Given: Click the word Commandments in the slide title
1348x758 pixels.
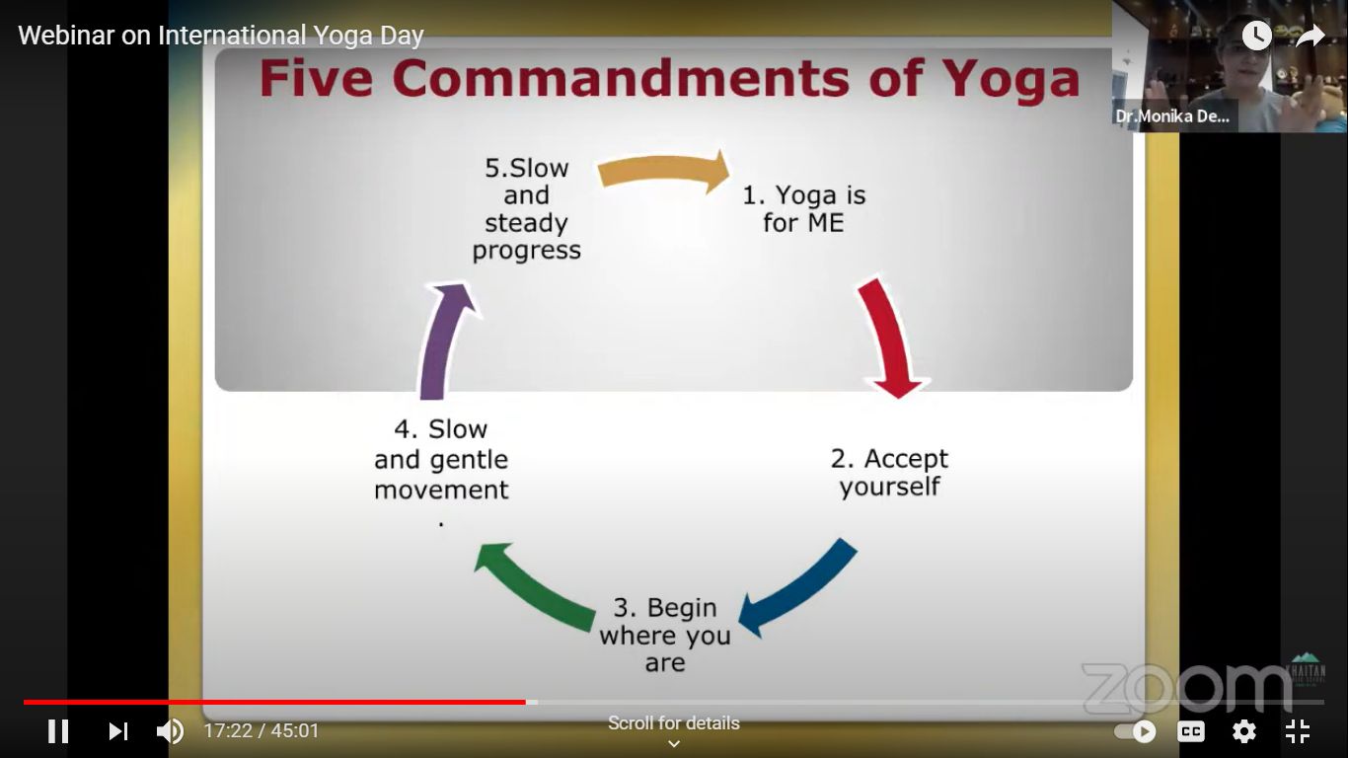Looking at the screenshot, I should click(620, 79).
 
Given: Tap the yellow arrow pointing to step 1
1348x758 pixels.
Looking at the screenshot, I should click(664, 172).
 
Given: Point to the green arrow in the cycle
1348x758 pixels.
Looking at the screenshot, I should click(534, 583).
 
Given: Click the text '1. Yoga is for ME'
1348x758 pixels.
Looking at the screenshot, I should click(803, 209).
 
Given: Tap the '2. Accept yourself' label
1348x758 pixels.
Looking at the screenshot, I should click(889, 473).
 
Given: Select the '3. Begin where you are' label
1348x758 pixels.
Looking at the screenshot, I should click(665, 635).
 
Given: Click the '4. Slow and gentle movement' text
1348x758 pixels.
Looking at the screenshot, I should click(441, 460).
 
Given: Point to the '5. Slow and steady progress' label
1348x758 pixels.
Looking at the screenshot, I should click(526, 209).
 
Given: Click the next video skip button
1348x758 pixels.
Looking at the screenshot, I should click(118, 731).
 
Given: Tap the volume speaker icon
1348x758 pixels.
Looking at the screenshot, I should click(170, 731).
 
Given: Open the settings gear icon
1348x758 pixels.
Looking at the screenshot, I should click(1244, 731).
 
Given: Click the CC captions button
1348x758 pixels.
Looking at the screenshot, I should click(1191, 731).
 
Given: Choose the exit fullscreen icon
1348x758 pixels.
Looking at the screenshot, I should click(1298, 731).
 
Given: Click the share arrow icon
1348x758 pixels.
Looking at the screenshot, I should click(1310, 37).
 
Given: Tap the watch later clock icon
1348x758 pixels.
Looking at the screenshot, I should click(1256, 37).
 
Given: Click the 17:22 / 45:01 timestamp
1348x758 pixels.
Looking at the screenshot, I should click(262, 731).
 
